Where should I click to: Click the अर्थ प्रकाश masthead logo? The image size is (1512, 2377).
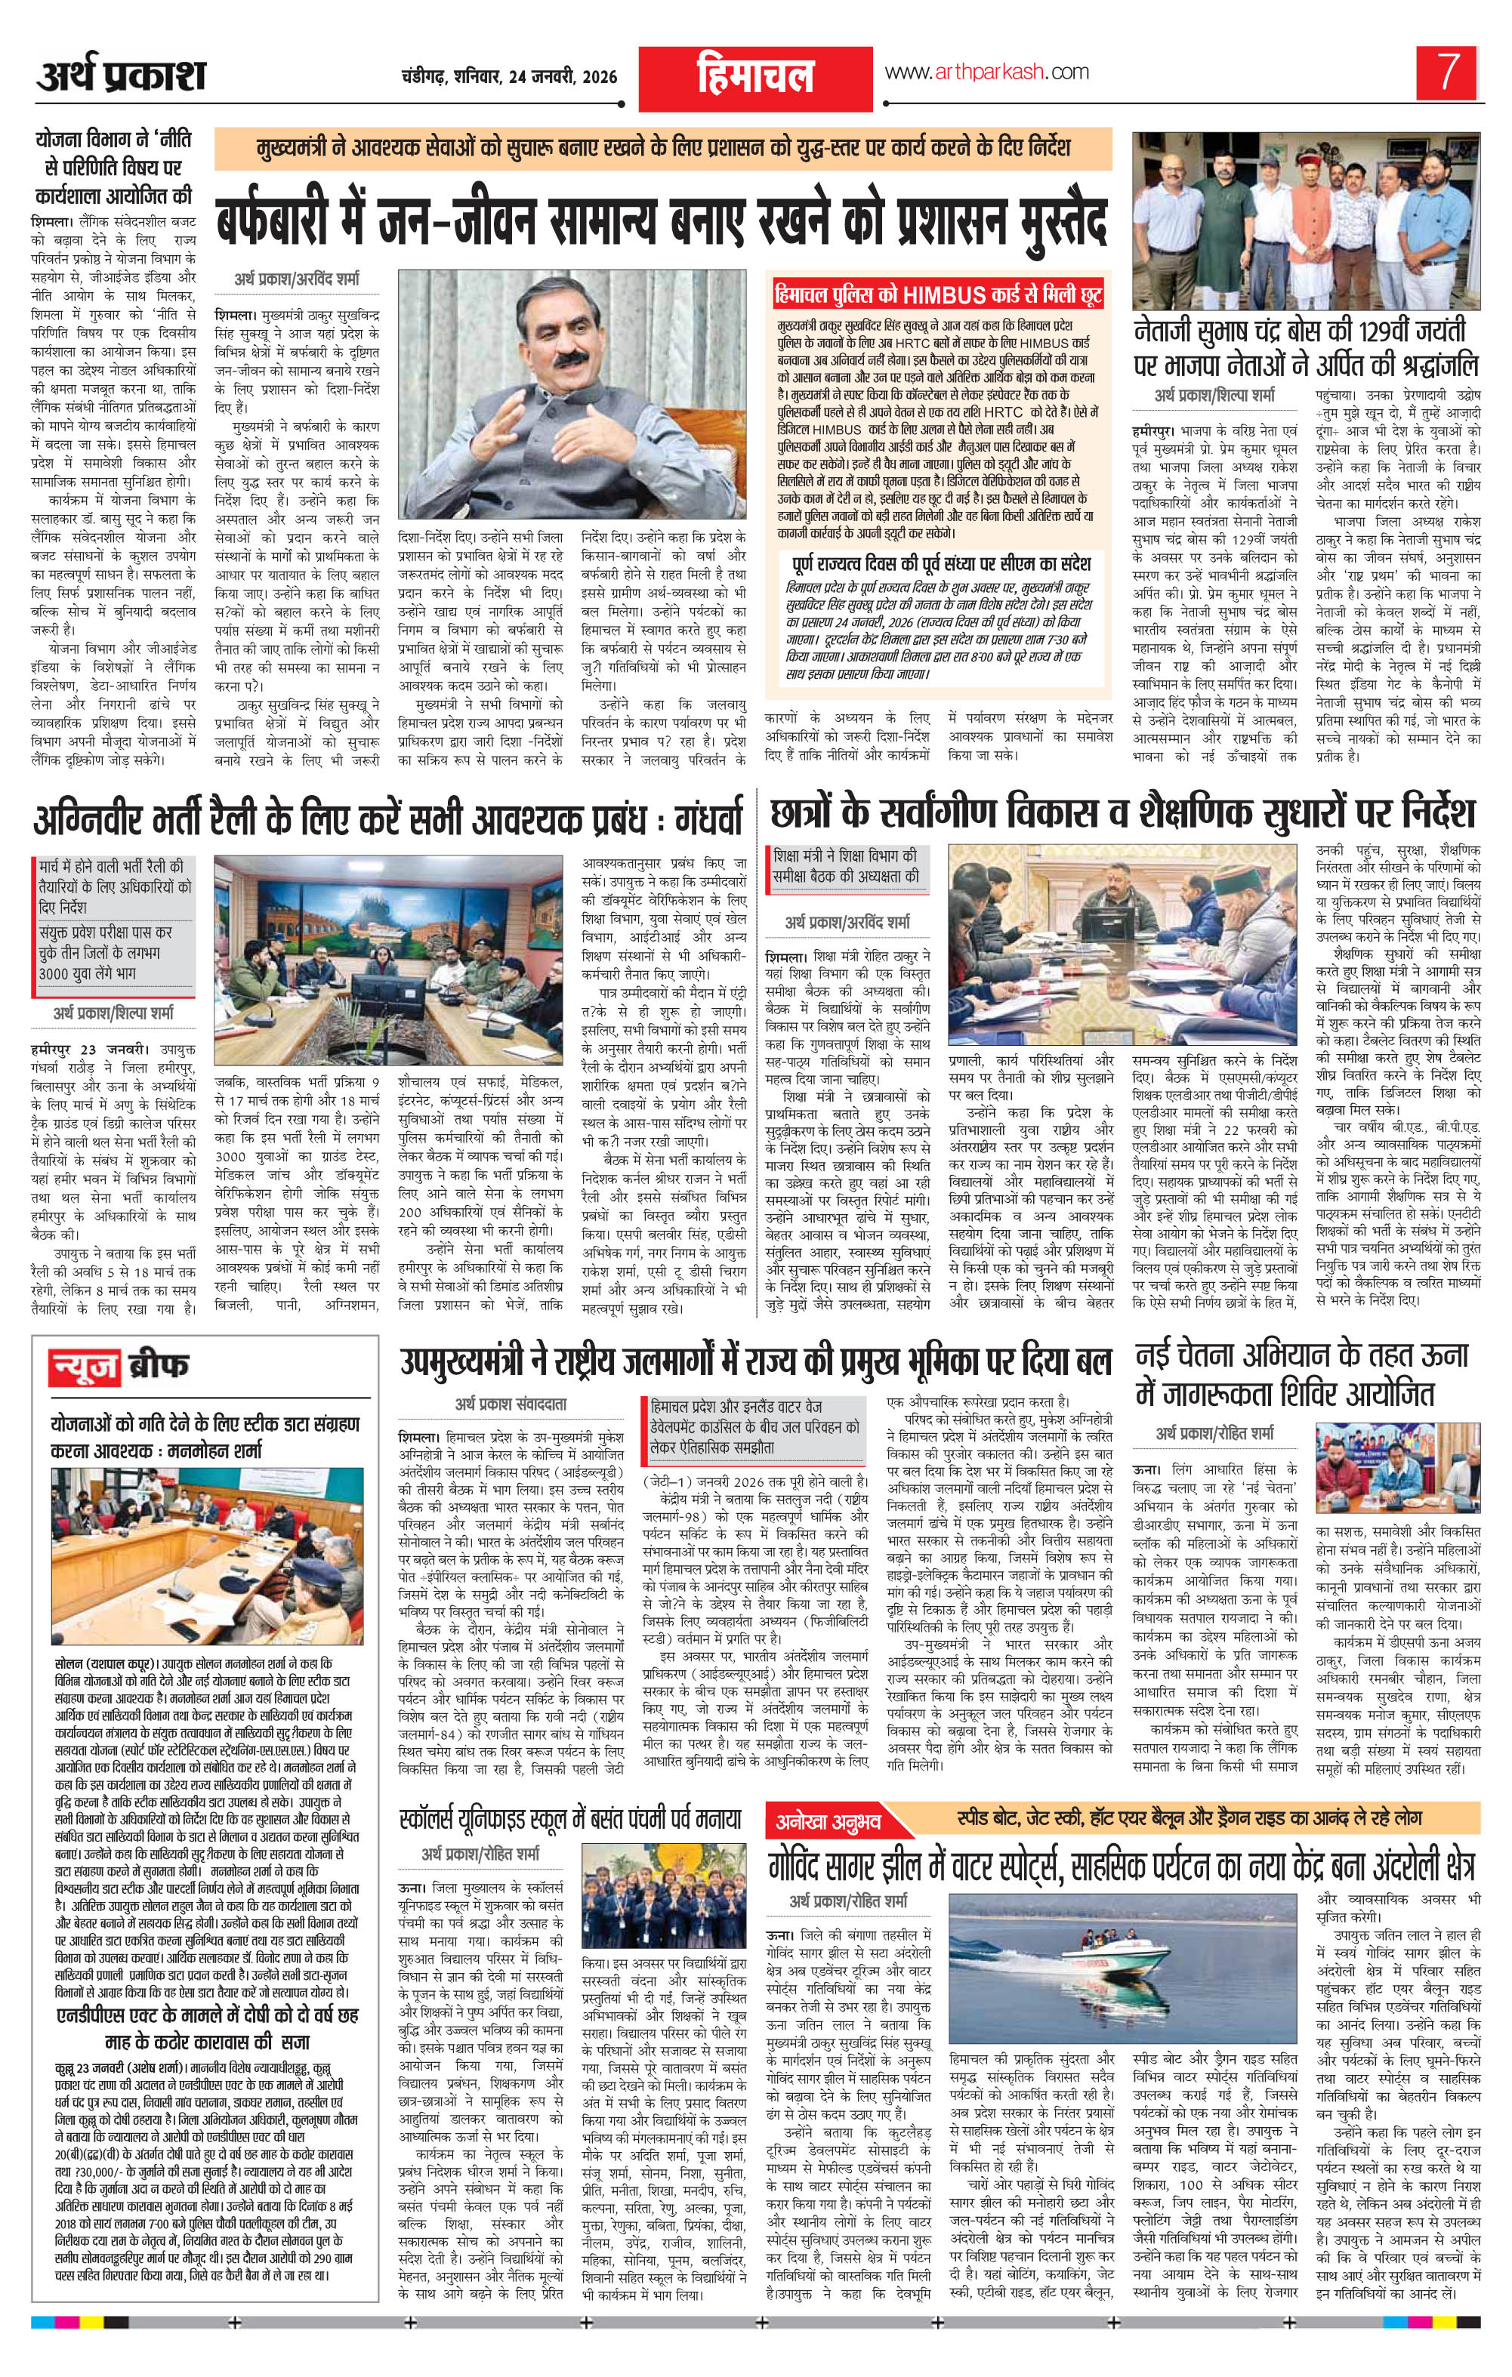(x=122, y=75)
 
